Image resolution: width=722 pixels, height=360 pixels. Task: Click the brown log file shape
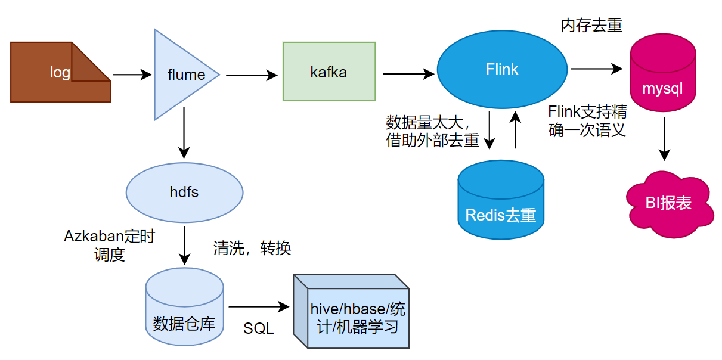(60, 72)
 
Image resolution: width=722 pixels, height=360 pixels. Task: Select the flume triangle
(182, 75)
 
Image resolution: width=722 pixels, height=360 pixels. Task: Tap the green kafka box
(329, 72)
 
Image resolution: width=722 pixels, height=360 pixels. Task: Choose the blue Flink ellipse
(502, 69)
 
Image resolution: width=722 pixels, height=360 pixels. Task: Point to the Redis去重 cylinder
(500, 200)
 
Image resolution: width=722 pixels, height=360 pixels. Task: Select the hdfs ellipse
(184, 192)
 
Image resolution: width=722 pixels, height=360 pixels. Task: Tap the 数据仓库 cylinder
(184, 307)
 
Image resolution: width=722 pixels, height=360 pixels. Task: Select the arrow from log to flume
(132, 75)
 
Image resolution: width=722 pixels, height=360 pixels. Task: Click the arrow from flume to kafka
(252, 75)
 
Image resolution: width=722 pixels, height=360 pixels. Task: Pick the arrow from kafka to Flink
(408, 75)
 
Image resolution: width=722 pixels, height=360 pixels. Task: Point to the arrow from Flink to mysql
(596, 69)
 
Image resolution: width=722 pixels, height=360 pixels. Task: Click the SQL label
(258, 328)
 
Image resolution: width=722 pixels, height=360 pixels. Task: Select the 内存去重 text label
(591, 26)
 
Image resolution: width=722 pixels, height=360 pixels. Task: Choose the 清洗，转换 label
(252, 249)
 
